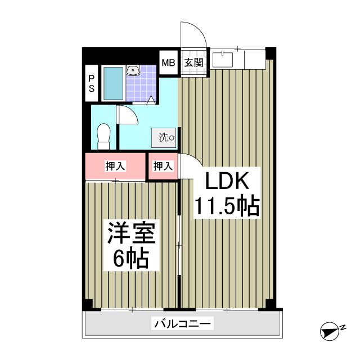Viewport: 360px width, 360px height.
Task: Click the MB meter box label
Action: (x=169, y=62)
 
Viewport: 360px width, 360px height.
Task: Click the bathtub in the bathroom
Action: (x=113, y=83)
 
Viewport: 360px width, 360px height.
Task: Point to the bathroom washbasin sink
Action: (x=133, y=71)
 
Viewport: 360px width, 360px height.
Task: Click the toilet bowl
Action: (x=103, y=136)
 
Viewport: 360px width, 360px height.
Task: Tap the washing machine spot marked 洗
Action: (x=165, y=137)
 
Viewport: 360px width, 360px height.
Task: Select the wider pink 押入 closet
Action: (x=115, y=166)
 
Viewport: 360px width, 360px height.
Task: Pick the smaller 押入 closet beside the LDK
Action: (x=163, y=166)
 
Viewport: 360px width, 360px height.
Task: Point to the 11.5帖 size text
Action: (x=226, y=206)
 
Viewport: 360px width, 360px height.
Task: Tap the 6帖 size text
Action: (x=130, y=259)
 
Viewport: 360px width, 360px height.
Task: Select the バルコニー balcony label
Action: (x=182, y=324)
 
